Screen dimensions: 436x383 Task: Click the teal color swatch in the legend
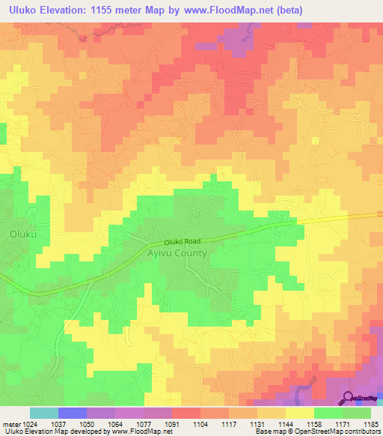44,413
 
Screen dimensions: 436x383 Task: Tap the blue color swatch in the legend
73,413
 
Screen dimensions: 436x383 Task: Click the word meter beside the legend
7,423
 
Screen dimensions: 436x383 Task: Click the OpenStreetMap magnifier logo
349,397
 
